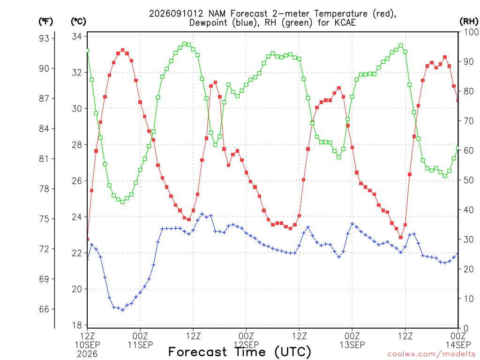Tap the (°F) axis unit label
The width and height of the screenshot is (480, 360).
pos(46,22)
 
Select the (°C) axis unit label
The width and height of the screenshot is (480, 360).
pos(79,22)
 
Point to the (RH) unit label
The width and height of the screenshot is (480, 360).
pos(469,22)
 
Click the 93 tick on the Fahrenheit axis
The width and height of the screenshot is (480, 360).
pos(44,38)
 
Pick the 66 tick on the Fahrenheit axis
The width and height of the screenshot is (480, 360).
pos(44,309)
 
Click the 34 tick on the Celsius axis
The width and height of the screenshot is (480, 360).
pos(77,37)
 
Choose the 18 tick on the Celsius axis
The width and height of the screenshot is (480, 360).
pos(77,325)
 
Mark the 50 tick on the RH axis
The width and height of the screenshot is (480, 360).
pos(469,180)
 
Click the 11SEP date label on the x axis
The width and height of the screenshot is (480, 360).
pos(140,345)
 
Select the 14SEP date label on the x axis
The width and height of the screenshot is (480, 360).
pos(458,345)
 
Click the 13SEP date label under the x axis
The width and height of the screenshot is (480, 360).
pos(352,345)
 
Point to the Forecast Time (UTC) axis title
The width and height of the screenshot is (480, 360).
pos(240,352)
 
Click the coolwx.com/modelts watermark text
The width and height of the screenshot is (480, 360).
pos(432,354)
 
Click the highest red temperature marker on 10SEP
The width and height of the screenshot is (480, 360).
pos(123,50)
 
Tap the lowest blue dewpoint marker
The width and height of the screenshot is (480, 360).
pos(123,310)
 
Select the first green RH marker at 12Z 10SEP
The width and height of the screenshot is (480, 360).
pos(88,51)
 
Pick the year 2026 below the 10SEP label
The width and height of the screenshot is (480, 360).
pos(87,354)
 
